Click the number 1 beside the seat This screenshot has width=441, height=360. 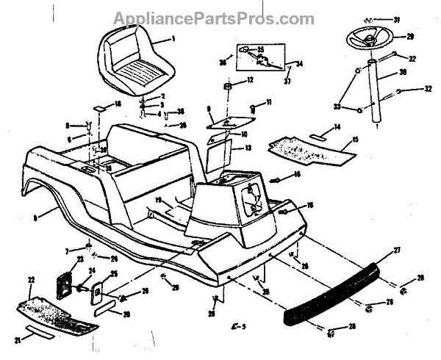(173, 37)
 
